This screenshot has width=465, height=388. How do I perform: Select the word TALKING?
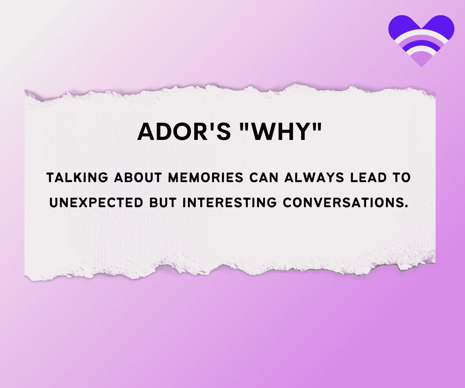click(x=77, y=178)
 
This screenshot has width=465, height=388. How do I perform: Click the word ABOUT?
click(x=138, y=178)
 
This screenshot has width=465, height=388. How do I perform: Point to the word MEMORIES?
click(x=206, y=178)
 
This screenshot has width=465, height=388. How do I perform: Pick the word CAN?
click(x=264, y=178)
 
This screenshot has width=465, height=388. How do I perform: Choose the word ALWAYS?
click(x=314, y=178)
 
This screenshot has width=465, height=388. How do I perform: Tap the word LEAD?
click(x=368, y=178)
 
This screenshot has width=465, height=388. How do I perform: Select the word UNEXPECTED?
click(x=96, y=203)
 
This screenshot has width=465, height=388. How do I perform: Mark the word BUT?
click(x=163, y=203)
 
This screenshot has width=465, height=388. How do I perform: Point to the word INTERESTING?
click(x=230, y=203)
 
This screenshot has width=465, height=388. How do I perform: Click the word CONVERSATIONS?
click(x=343, y=203)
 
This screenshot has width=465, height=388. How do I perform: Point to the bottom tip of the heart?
click(x=421, y=67)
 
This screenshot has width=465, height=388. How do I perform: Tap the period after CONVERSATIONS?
click(x=406, y=206)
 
